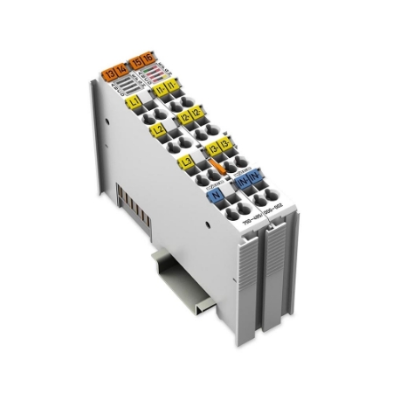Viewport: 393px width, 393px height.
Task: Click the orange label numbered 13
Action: click(109, 73)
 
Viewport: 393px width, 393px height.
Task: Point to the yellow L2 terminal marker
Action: click(157, 131)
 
